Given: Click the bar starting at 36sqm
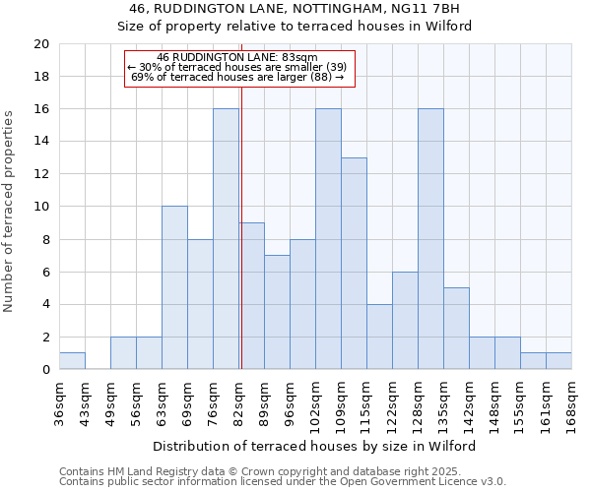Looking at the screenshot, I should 72,361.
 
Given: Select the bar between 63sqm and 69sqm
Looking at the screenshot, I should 174,287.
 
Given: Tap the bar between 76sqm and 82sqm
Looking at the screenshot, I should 226,239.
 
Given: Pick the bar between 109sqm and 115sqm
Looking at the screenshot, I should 354,264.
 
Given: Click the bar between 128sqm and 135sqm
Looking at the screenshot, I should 430,239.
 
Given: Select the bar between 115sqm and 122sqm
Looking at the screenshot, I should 379,337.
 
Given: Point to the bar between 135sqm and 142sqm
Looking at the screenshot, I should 456,329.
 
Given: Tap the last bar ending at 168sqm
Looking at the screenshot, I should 558,361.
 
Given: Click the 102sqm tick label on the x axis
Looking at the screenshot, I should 315,401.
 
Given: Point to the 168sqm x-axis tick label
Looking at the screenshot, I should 571,401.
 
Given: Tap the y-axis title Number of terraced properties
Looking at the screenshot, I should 9,212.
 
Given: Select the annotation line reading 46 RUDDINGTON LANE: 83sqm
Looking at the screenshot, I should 237,58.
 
